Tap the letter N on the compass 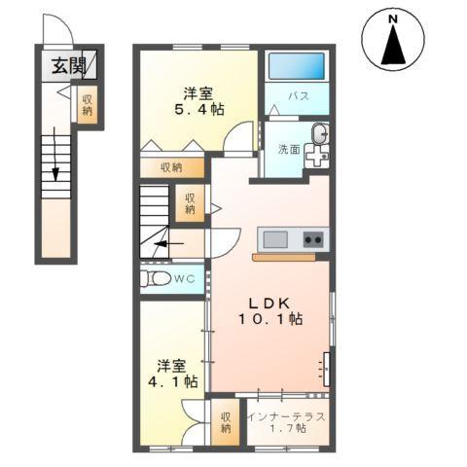coord(393,18)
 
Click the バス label coord(297,96)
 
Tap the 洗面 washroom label coord(289,149)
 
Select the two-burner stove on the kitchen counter coord(312,238)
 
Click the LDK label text coord(269,301)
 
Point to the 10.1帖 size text coord(269,319)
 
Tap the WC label coord(186,279)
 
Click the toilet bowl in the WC coord(156,279)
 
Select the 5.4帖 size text coord(199,111)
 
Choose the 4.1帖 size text coord(172,382)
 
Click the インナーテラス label coord(286,415)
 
